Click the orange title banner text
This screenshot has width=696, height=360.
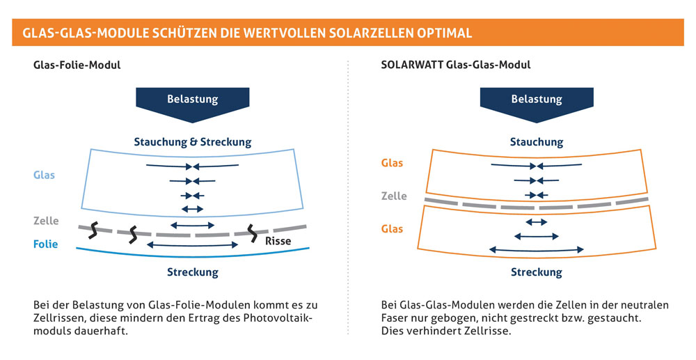point(247,33)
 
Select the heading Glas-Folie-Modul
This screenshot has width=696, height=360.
point(77,65)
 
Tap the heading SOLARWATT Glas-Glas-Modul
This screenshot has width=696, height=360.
point(456,65)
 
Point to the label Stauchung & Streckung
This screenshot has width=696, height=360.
point(193,142)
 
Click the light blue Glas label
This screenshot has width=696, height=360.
point(44,175)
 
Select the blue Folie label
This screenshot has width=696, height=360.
point(45,244)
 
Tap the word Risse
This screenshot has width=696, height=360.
point(278,241)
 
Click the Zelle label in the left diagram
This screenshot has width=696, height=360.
point(46,221)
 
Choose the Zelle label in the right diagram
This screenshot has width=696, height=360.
point(394,196)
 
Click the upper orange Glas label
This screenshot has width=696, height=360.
point(392,163)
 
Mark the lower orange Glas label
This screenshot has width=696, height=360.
point(392,228)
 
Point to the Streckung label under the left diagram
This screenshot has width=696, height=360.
point(193,272)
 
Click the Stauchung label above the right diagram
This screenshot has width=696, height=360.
point(537,142)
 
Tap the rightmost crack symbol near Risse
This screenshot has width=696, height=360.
point(252,233)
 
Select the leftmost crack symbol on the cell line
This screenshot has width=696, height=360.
point(93,230)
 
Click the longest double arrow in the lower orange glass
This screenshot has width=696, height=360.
point(536,251)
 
